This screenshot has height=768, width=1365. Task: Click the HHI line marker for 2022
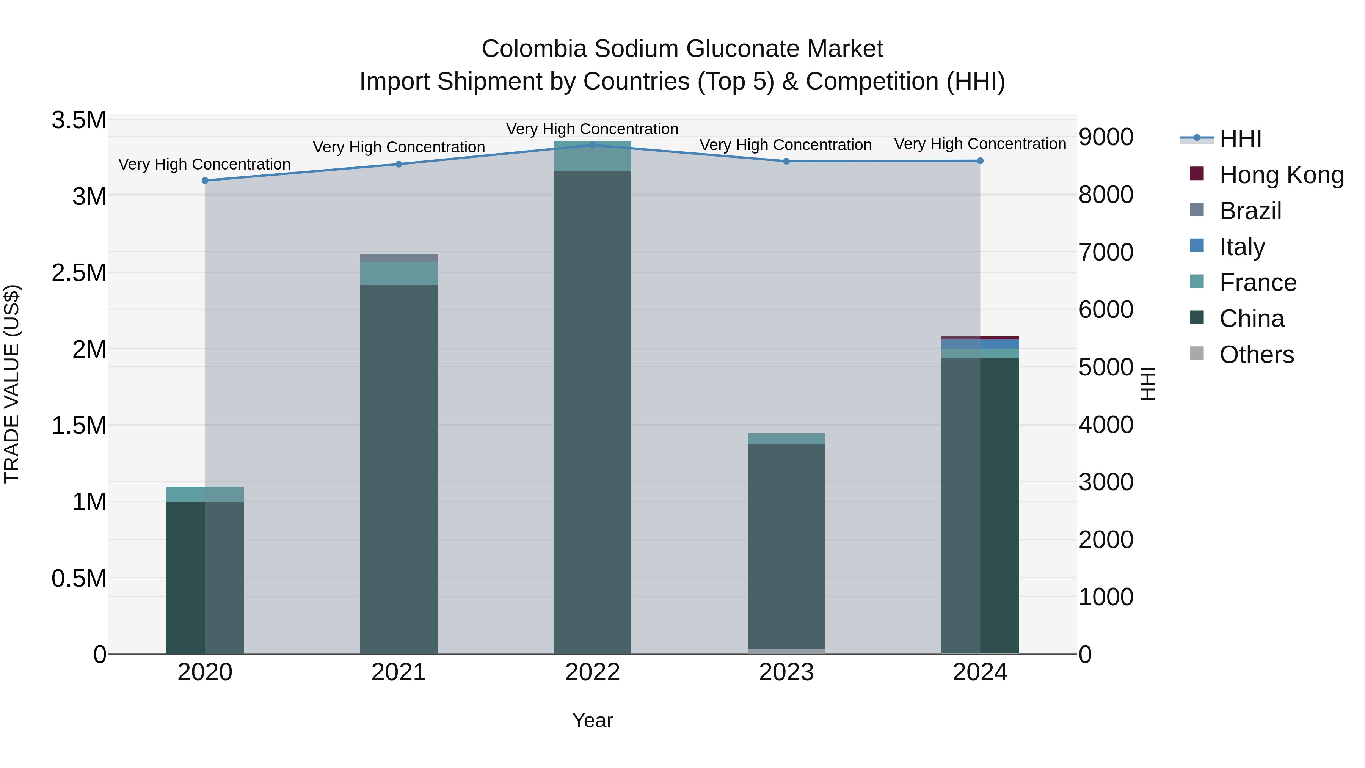point(592,145)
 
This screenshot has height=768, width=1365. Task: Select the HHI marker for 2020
point(205,181)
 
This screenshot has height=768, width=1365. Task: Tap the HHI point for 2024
point(980,160)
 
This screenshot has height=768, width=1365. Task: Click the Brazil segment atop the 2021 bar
point(399,259)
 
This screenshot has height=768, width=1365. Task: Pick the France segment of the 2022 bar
point(592,156)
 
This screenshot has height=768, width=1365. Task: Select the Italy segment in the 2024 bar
point(980,344)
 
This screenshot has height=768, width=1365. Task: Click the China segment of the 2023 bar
point(786,546)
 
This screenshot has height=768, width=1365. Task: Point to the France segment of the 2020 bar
point(205,494)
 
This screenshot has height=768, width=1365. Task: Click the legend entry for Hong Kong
point(1281,175)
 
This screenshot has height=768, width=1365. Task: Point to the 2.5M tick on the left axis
point(79,273)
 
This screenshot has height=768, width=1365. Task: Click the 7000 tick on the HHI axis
point(1106,252)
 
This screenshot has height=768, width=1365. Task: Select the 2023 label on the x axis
point(786,672)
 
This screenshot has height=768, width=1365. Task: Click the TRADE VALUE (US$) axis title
point(12,384)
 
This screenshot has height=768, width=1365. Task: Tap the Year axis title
point(592,720)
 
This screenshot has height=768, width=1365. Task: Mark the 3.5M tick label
point(79,120)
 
